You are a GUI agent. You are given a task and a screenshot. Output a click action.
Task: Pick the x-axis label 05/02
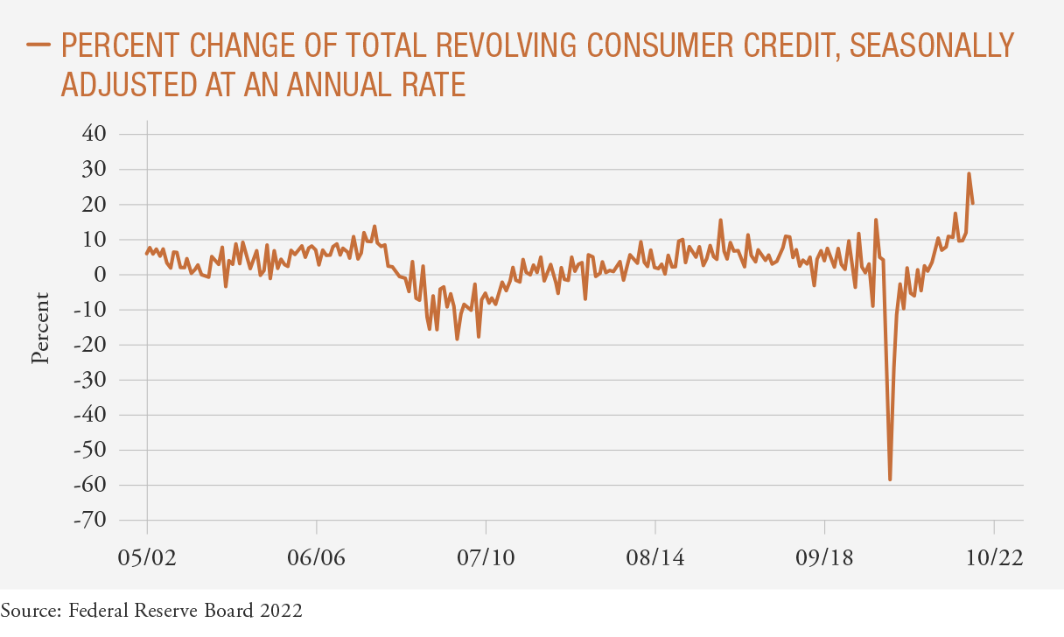click(x=147, y=557)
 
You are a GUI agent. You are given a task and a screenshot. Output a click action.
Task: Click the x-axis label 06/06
click(x=316, y=557)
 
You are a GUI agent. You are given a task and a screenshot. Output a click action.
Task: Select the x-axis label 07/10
click(x=486, y=557)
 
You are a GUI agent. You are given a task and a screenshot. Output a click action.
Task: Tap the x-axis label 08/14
click(x=655, y=557)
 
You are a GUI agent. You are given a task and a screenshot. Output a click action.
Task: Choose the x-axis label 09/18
click(x=824, y=557)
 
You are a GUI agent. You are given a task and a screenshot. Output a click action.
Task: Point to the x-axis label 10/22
click(x=994, y=557)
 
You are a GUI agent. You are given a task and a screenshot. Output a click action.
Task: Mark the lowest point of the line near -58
click(x=890, y=479)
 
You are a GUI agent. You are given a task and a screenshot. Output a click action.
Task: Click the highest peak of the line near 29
click(x=969, y=173)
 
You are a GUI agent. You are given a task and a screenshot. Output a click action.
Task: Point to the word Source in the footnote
click(x=30, y=610)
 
